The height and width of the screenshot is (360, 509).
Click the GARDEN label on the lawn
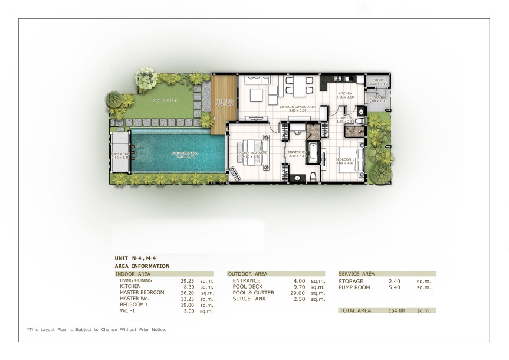tap(165, 101)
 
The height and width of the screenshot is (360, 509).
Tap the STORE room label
tap(378, 80)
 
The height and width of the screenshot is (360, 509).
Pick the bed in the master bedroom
tap(251, 150)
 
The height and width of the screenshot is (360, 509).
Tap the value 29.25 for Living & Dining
tap(188, 281)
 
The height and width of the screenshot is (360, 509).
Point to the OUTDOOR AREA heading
tap(248, 274)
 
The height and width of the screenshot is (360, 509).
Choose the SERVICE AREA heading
tap(357, 274)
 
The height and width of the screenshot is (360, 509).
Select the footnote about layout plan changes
tap(96, 329)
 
